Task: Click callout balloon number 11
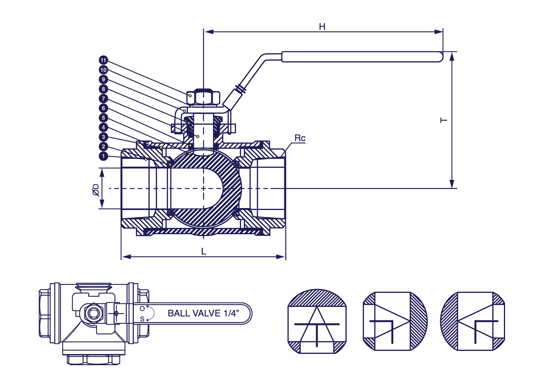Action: (x=103, y=60)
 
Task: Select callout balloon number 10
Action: (x=103, y=70)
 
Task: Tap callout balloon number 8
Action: (x=103, y=89)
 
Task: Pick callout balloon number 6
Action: (x=103, y=108)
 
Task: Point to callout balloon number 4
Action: (x=103, y=127)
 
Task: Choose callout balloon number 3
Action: (x=103, y=137)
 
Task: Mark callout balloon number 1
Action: (x=103, y=156)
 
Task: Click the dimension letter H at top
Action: (x=322, y=27)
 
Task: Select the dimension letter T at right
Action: (x=444, y=120)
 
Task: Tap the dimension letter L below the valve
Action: (x=204, y=252)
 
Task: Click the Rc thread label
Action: (x=300, y=138)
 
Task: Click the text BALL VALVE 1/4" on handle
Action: (x=203, y=313)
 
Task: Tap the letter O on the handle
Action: (x=142, y=309)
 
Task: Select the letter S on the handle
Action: (x=142, y=319)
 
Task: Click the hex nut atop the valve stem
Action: (x=203, y=97)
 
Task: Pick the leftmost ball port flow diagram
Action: (x=317, y=321)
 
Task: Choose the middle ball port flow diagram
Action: (x=395, y=321)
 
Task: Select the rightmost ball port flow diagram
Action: (x=473, y=321)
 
